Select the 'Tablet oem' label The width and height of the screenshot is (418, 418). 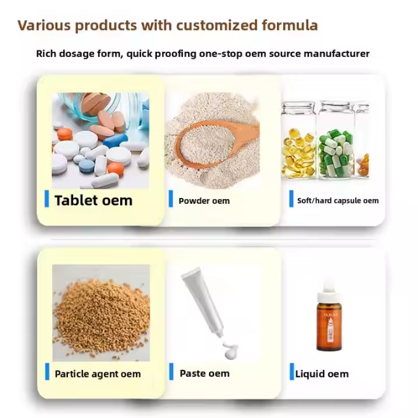click(94, 200)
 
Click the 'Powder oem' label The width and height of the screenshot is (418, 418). click(204, 201)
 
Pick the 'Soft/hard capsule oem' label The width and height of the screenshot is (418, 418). click(338, 201)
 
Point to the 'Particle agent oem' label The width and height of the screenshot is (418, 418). click(98, 374)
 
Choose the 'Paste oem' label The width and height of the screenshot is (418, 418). click(204, 374)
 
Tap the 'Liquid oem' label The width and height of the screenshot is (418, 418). click(322, 374)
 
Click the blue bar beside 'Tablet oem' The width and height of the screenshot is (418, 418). click(47, 199)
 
